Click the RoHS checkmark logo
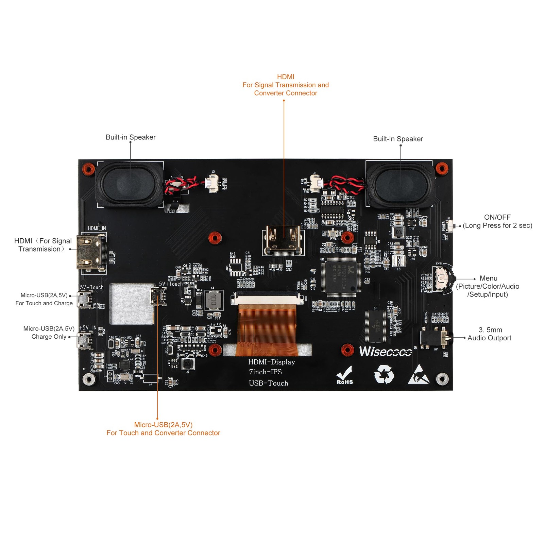click(x=344, y=375)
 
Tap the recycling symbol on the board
click(x=384, y=374)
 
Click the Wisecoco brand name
click(x=385, y=352)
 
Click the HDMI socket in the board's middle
click(x=283, y=240)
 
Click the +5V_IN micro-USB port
click(x=85, y=340)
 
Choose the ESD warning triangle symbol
click(x=419, y=375)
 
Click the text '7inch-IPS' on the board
click(x=265, y=372)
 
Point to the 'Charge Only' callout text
click(x=49, y=337)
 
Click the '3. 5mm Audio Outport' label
click(x=489, y=334)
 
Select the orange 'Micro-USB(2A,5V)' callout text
click(x=163, y=425)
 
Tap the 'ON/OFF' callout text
click(x=497, y=217)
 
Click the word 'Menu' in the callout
click(x=488, y=278)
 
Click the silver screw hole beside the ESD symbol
click(x=442, y=378)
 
